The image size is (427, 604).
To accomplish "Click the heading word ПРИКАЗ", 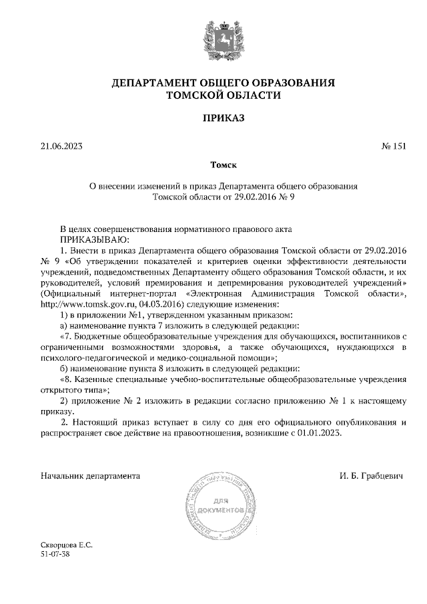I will point(213,119).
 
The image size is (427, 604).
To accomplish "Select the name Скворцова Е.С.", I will point(66,545).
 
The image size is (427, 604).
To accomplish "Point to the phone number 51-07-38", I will point(55,554).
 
